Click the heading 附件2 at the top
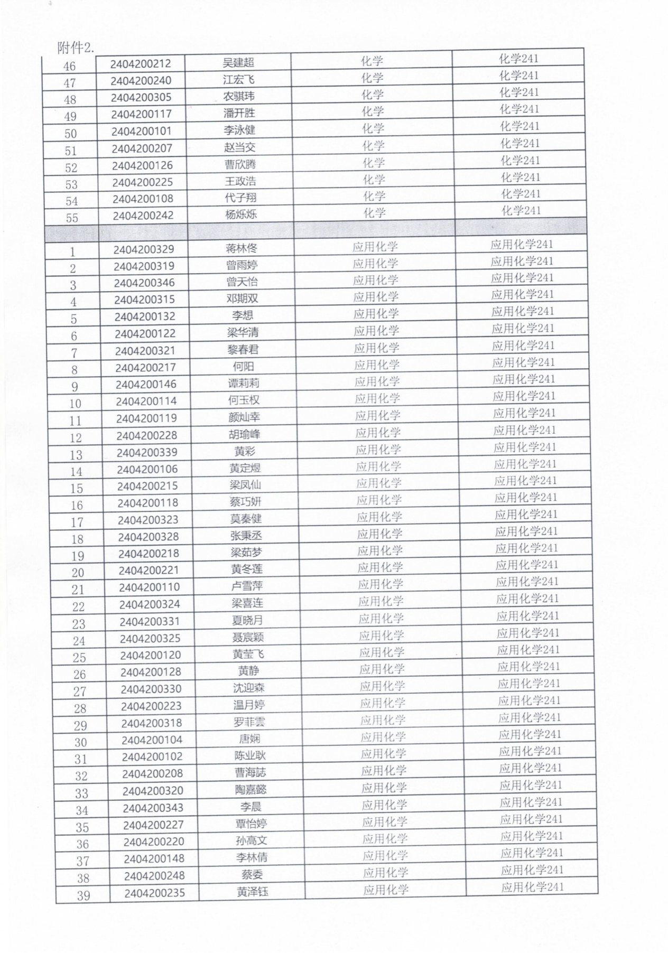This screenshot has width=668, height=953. click(x=75, y=48)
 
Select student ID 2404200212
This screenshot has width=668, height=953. click(x=141, y=64)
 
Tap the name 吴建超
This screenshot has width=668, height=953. click(x=238, y=63)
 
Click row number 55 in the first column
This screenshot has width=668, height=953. click(x=72, y=218)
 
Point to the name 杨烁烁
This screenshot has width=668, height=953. click(x=241, y=214)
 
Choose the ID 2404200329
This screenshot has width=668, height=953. click(x=144, y=249)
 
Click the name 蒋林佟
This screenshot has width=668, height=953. click(x=242, y=248)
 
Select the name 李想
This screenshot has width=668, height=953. click(x=243, y=316)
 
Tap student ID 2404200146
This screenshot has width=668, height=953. click(x=146, y=385)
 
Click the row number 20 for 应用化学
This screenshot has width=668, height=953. click(x=78, y=573)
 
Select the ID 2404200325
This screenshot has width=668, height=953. click(x=150, y=638)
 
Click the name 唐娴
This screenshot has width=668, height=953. click(x=249, y=739)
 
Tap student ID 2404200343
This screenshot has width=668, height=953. click(x=153, y=808)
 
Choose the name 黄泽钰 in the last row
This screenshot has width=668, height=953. click(x=252, y=892)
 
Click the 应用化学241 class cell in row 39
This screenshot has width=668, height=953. click(x=532, y=887)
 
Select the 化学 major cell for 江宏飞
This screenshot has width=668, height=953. click(x=372, y=78)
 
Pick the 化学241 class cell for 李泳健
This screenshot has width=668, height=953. click(x=519, y=126)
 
